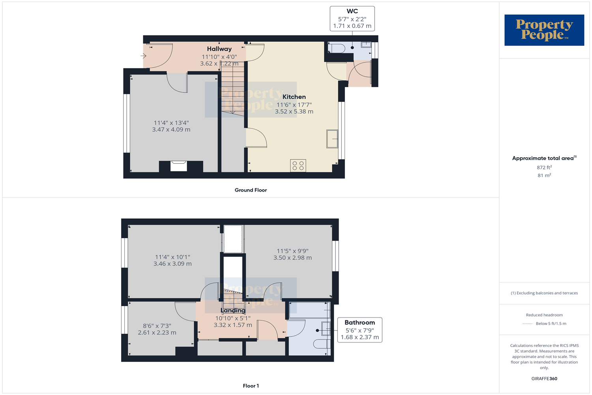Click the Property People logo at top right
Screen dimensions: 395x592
click(544, 30)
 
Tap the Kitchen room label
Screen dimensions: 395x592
click(294, 97)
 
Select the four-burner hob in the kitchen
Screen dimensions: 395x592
click(298, 166)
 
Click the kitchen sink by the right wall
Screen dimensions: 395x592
click(332, 139)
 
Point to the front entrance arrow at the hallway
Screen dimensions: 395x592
click(144, 56)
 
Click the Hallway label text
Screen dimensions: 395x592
click(219, 49)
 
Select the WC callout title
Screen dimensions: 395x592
click(352, 11)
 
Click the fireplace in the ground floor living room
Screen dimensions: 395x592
click(179, 166)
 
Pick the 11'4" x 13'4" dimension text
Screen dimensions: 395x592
click(171, 123)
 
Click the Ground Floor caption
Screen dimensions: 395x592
click(251, 190)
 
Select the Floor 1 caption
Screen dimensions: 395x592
click(251, 386)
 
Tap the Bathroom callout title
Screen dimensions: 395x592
click(360, 323)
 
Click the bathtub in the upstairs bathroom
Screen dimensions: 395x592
click(309, 310)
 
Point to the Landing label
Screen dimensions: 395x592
click(233, 310)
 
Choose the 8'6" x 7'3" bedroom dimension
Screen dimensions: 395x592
click(157, 326)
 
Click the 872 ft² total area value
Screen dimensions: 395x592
click(544, 167)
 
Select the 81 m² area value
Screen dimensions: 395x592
click(544, 175)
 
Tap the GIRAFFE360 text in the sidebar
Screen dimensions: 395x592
click(544, 378)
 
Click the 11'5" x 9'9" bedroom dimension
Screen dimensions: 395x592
click(292, 251)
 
